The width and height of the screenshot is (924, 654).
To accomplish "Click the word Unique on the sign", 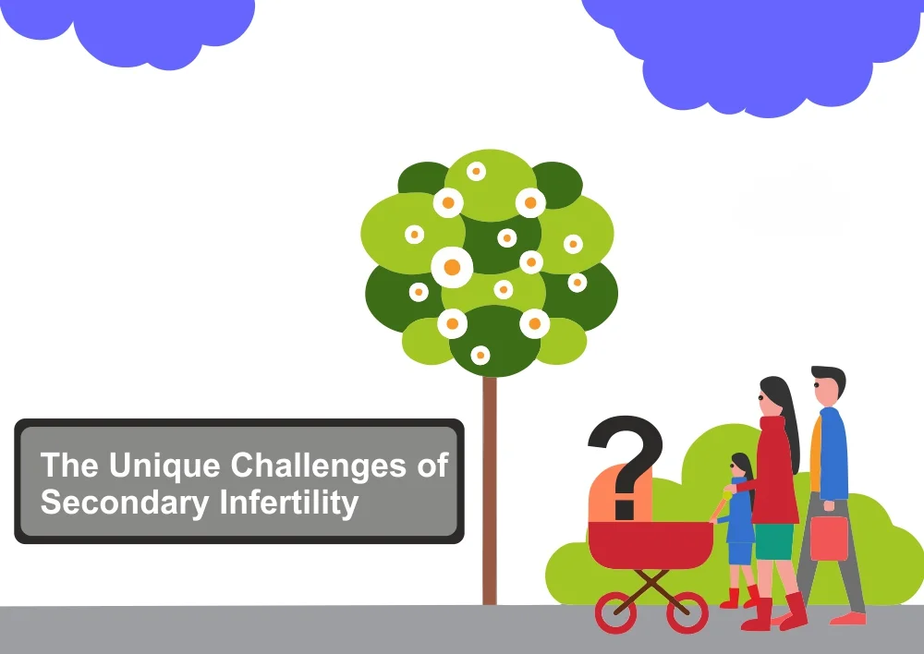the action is [x=164, y=466].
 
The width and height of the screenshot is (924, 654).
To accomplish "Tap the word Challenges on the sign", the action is [x=318, y=466].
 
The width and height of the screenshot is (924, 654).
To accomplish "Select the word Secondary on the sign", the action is [x=125, y=503].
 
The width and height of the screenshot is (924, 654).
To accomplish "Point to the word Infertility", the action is [x=288, y=503].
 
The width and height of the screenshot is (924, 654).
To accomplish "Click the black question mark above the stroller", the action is [x=626, y=466].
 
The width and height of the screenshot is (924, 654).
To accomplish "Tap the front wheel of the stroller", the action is [x=615, y=612].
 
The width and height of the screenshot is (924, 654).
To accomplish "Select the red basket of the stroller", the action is [x=650, y=544].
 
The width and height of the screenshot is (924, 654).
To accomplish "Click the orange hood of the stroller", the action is [x=619, y=494].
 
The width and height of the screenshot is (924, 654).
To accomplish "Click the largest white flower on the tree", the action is [x=452, y=268].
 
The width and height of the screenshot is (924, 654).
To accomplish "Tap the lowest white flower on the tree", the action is [x=480, y=356].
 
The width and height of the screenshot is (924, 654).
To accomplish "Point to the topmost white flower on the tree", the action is [x=476, y=172].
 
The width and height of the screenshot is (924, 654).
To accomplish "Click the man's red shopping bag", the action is [x=829, y=538].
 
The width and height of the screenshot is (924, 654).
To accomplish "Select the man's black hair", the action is [x=831, y=378].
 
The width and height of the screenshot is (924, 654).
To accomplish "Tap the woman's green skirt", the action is [x=774, y=541].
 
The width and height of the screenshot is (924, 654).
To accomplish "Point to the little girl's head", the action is [x=741, y=466].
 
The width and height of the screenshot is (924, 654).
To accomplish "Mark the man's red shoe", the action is [x=848, y=619].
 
